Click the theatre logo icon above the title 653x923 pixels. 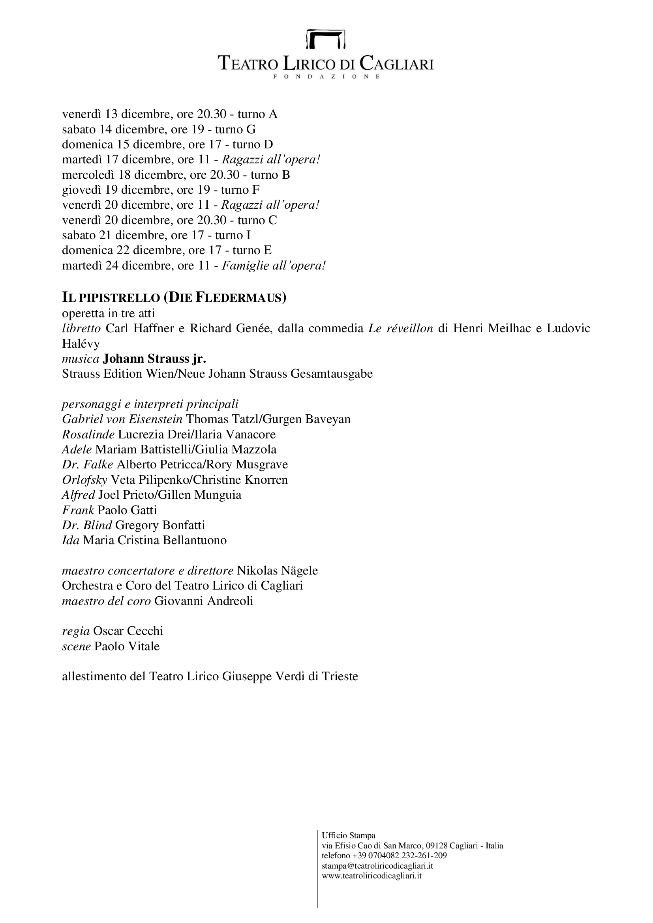point(326,39)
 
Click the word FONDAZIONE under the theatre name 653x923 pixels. point(326,77)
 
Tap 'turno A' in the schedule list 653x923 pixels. point(257,114)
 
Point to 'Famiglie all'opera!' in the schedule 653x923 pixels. point(274,266)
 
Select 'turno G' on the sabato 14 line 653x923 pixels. point(235,129)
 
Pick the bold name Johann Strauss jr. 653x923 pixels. point(155,358)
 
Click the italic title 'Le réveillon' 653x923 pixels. point(400,328)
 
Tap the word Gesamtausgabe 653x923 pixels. point(332,374)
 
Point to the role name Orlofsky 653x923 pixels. point(84,480)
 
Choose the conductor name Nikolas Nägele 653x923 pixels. point(278,571)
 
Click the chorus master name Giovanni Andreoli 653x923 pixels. point(204,601)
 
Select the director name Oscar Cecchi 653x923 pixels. point(128,631)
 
